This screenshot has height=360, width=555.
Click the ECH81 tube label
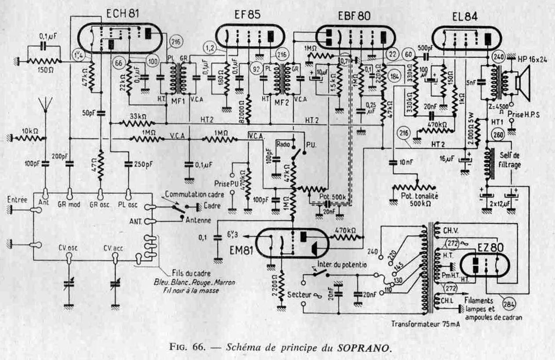pos(123,14)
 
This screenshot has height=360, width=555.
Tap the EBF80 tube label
pos(354,16)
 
